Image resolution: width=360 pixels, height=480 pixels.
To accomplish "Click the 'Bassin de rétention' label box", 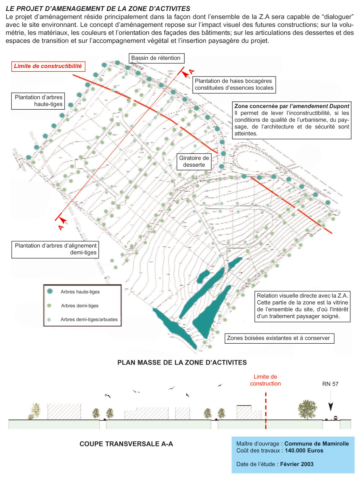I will coord(156,58).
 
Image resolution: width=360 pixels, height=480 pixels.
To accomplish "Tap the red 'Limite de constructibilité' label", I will coord(48,66).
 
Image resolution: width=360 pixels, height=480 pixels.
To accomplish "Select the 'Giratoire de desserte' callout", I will coord(194,161).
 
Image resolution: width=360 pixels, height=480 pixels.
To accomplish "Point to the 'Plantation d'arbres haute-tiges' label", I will coord(38,101).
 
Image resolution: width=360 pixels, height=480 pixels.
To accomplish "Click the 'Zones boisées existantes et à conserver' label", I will coord(279,338).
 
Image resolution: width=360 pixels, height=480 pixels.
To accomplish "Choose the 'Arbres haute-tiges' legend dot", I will coord(50,291).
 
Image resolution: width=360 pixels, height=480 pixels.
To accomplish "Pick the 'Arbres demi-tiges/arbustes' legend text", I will coord(89,319).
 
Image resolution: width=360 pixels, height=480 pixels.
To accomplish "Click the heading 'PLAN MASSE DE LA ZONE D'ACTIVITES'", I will coord(182,362).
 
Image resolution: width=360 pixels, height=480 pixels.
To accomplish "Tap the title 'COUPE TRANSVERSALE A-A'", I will coord(126,444).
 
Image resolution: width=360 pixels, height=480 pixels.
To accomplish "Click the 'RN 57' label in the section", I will coord(330,384).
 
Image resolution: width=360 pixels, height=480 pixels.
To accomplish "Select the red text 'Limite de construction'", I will coord(265,380).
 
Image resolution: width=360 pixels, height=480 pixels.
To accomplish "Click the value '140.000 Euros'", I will coord(304,450).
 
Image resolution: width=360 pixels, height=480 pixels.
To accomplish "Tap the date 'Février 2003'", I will coord(297,464).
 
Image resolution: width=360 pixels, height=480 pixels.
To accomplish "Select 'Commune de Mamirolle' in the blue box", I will coord(317,443).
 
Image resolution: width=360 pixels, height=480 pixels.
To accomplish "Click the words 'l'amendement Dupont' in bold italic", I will coord(319,106).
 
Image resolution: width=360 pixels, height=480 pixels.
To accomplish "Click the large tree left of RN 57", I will coord(307,409).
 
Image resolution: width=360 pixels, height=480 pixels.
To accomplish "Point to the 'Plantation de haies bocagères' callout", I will coord(234,84).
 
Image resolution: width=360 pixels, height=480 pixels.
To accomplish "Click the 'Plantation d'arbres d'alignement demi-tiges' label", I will coord(55,249).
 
